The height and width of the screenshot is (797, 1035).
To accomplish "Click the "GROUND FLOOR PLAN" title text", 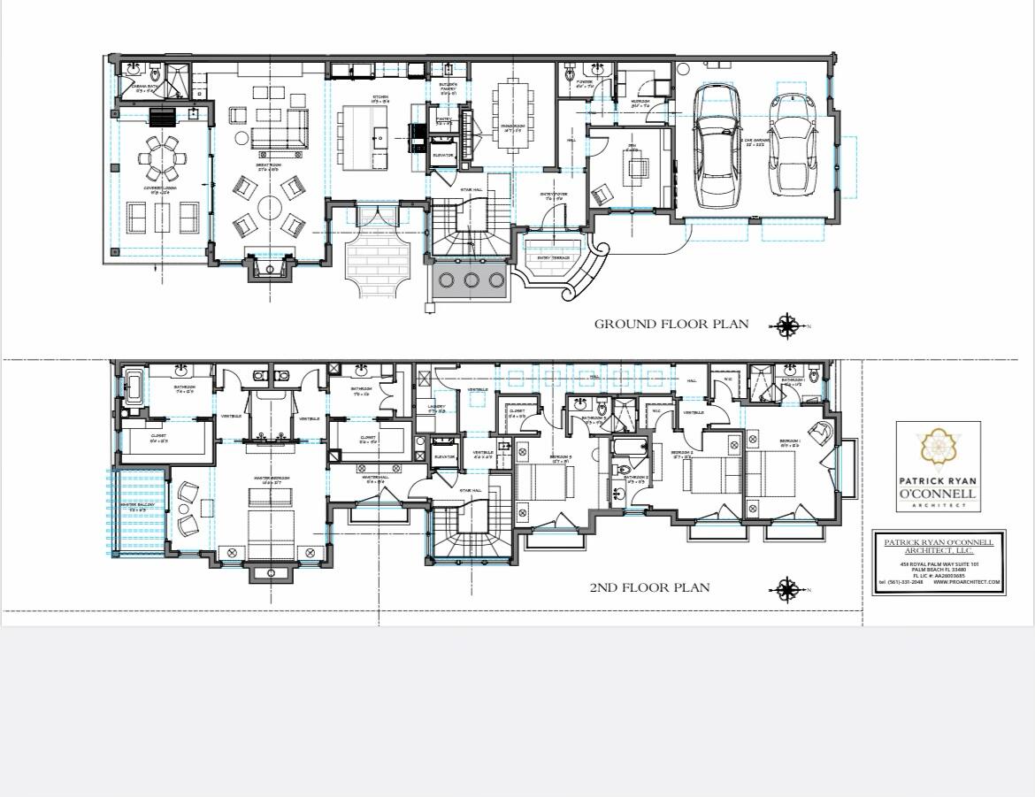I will [x=671, y=324].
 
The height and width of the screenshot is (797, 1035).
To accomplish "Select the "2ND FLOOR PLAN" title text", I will [x=649, y=587].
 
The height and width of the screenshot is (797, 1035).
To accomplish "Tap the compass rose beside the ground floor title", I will [x=786, y=326].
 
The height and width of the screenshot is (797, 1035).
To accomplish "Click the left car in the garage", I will [x=717, y=144].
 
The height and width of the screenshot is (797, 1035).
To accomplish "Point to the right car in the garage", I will [x=793, y=144].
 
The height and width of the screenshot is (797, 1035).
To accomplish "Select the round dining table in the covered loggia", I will [x=162, y=159].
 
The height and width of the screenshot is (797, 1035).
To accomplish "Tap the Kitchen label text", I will [x=380, y=96].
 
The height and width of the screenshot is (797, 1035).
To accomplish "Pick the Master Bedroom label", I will [x=271, y=478].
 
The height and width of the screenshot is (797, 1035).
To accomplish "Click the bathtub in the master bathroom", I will [x=134, y=387].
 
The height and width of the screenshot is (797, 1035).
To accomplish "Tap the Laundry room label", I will [x=436, y=408].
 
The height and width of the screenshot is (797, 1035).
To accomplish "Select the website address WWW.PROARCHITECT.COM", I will [x=966, y=582].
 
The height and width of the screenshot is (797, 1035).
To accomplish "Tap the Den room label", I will [x=632, y=149].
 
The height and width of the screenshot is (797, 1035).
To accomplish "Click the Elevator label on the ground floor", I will [x=442, y=156].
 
